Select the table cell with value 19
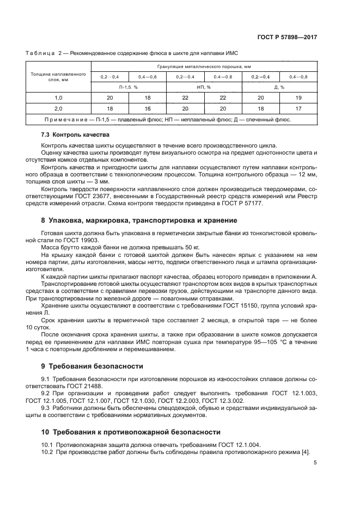(298, 97)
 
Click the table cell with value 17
(298, 108)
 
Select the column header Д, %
(279, 87)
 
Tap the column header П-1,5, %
(129, 87)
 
